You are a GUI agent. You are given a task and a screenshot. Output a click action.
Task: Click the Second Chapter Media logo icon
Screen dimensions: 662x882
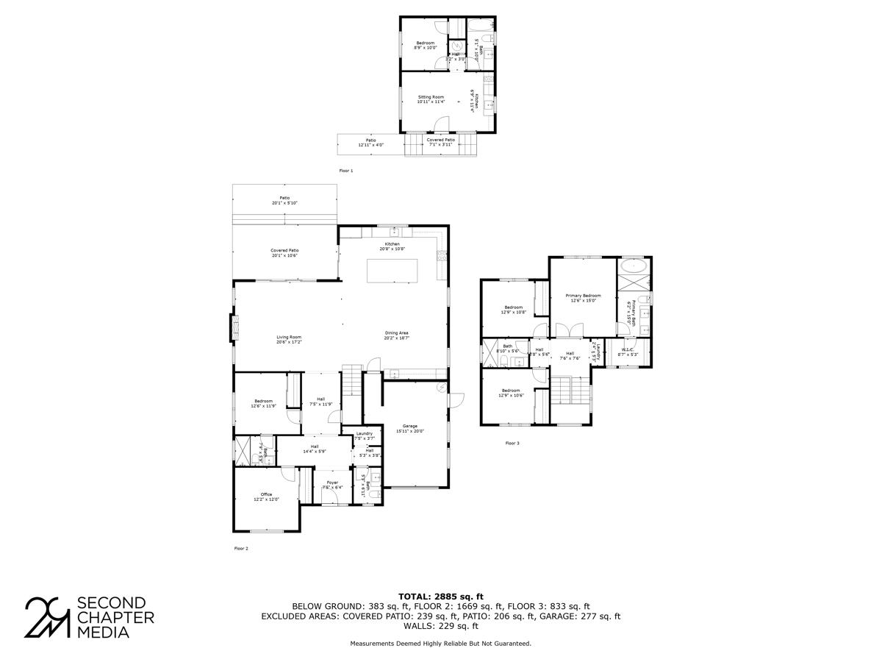coord(48,616)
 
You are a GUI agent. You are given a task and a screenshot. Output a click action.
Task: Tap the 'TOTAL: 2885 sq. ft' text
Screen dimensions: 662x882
coord(440,596)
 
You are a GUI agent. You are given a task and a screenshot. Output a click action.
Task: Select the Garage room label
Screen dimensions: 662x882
coord(409,429)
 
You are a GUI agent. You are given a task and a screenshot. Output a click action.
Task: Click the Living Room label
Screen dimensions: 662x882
coord(289,339)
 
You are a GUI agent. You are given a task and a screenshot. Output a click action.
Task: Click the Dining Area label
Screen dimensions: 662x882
coord(396,335)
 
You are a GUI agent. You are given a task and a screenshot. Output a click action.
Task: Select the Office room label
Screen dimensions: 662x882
coord(266,497)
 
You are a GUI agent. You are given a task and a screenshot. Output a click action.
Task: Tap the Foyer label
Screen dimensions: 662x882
coord(332,485)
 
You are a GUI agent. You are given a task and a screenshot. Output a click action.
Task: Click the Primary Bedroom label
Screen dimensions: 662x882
coord(583,297)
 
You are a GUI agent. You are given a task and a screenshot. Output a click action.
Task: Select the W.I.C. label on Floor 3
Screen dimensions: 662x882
coord(628,352)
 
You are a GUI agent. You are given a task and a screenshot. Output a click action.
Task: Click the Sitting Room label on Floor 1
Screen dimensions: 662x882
coord(431,99)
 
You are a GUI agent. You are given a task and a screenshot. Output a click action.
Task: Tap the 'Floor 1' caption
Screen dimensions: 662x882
coord(346,171)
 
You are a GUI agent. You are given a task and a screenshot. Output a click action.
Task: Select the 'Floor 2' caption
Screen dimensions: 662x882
coord(241,548)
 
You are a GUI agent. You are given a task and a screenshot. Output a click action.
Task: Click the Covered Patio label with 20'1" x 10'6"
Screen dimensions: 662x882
coord(284,253)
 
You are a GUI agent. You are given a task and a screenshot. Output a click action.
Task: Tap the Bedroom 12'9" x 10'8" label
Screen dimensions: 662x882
coord(513,310)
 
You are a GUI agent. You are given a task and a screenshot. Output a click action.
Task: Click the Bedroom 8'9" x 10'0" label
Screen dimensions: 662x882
coord(425,45)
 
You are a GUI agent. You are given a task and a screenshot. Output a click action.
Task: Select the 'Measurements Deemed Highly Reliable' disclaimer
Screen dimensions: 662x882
coord(440,643)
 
